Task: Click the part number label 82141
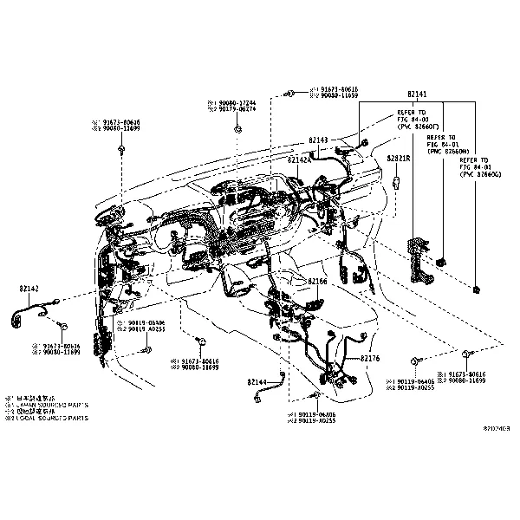(417, 93)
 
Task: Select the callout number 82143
(318, 140)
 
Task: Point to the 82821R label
(399, 159)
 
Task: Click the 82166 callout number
(317, 282)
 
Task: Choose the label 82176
(370, 357)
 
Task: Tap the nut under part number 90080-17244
(237, 130)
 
